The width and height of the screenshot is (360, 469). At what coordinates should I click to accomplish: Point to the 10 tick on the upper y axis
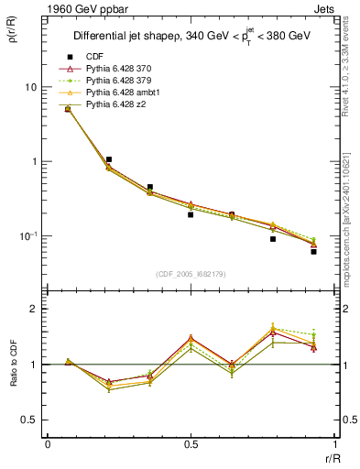tap(30, 87)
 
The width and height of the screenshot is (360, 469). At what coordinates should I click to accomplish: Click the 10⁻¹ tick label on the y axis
tap(28, 236)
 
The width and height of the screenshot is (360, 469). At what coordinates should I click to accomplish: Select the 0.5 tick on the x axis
tap(191, 444)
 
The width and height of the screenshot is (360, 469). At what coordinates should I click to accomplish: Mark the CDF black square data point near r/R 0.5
tap(191, 214)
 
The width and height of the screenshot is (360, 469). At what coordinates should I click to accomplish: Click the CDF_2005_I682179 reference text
tap(191, 273)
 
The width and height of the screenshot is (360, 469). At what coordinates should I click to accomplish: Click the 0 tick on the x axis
tap(48, 444)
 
